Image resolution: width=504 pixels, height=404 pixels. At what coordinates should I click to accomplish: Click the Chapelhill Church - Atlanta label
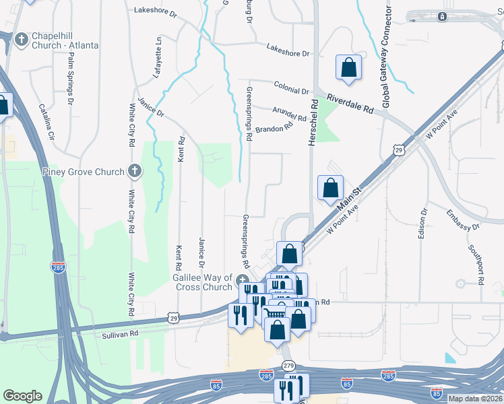coord(64,40)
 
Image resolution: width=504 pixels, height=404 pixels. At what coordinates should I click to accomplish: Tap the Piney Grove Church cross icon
coord(135,171)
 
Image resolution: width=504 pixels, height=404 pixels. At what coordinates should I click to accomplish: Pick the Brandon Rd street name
coord(274,127)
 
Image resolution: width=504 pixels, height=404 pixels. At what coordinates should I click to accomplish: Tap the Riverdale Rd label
coord(350,103)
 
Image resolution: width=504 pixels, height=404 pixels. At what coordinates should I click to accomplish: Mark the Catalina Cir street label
coord(47,121)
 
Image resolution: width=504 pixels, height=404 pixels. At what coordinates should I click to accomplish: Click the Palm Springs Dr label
coord(71,79)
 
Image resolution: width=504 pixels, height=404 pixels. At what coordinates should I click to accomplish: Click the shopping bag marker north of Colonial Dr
coord(348,67)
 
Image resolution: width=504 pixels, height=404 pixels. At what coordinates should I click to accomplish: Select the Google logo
coord(22,396)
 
